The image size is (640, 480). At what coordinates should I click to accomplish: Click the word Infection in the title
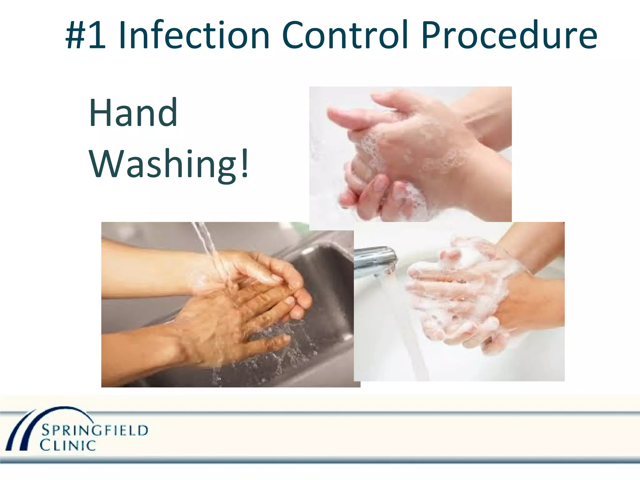[194, 35]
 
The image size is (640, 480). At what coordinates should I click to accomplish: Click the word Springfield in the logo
[95, 431]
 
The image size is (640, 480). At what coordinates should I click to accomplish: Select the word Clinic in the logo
[68, 445]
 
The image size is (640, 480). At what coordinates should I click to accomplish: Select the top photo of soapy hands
[410, 154]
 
